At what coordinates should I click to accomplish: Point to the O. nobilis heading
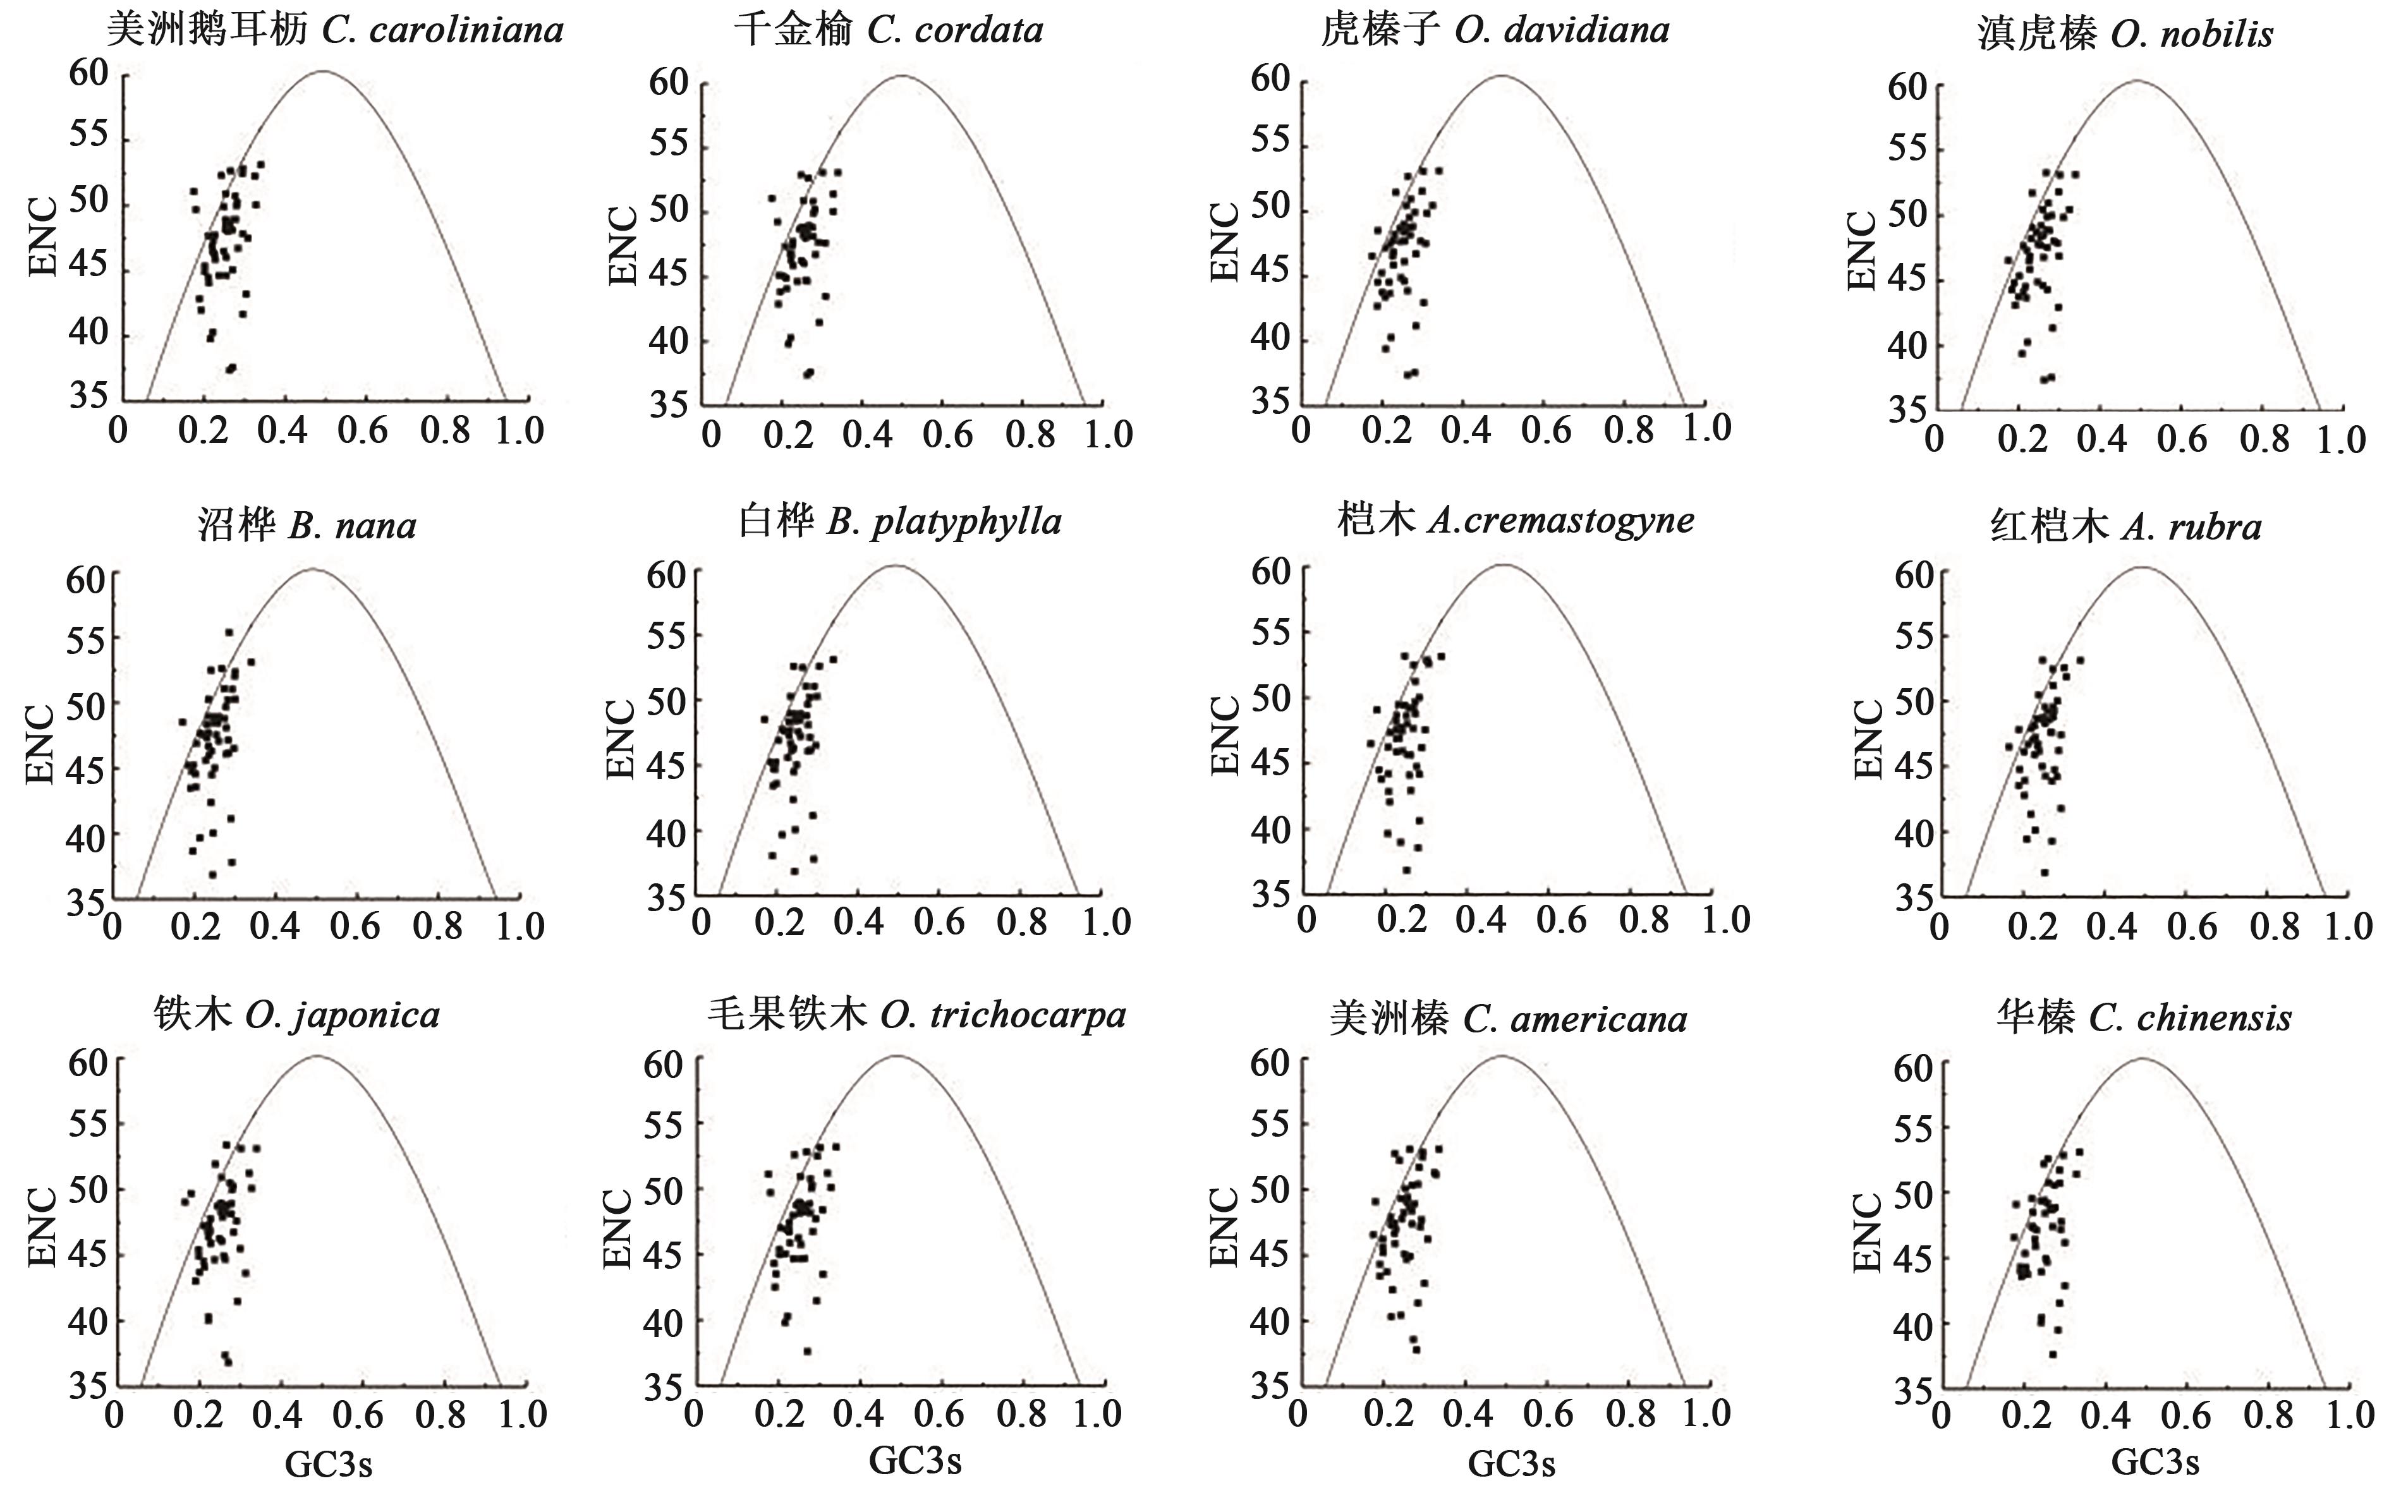pyautogui.click(x=2125, y=35)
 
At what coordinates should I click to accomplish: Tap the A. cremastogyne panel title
pyautogui.click(x=1515, y=520)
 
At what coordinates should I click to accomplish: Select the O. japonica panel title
pyautogui.click(x=296, y=1015)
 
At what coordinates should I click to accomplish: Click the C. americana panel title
pyautogui.click(x=1508, y=1019)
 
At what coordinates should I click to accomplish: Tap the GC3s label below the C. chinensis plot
pyautogui.click(x=2155, y=1461)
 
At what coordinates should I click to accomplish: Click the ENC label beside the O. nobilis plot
pyautogui.click(x=1863, y=251)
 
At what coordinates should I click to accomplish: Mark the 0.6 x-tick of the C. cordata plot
pyautogui.click(x=947, y=435)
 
